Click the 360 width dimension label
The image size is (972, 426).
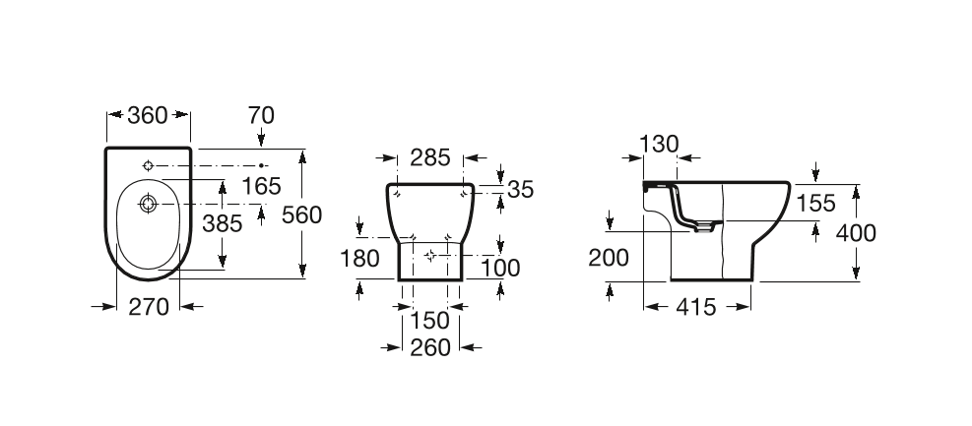pyautogui.click(x=148, y=115)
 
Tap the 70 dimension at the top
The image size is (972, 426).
pyautogui.click(x=261, y=115)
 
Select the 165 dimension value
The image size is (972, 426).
pyautogui.click(x=262, y=186)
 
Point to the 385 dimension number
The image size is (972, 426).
pyautogui.click(x=223, y=223)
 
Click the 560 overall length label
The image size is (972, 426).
pyautogui.click(x=302, y=214)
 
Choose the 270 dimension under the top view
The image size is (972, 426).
pyautogui.click(x=149, y=307)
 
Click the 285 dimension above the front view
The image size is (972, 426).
pyautogui.click(x=430, y=157)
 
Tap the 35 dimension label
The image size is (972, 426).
pyautogui.click(x=520, y=190)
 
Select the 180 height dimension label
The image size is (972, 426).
pyautogui.click(x=359, y=258)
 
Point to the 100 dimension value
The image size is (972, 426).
pyautogui.click(x=500, y=269)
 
